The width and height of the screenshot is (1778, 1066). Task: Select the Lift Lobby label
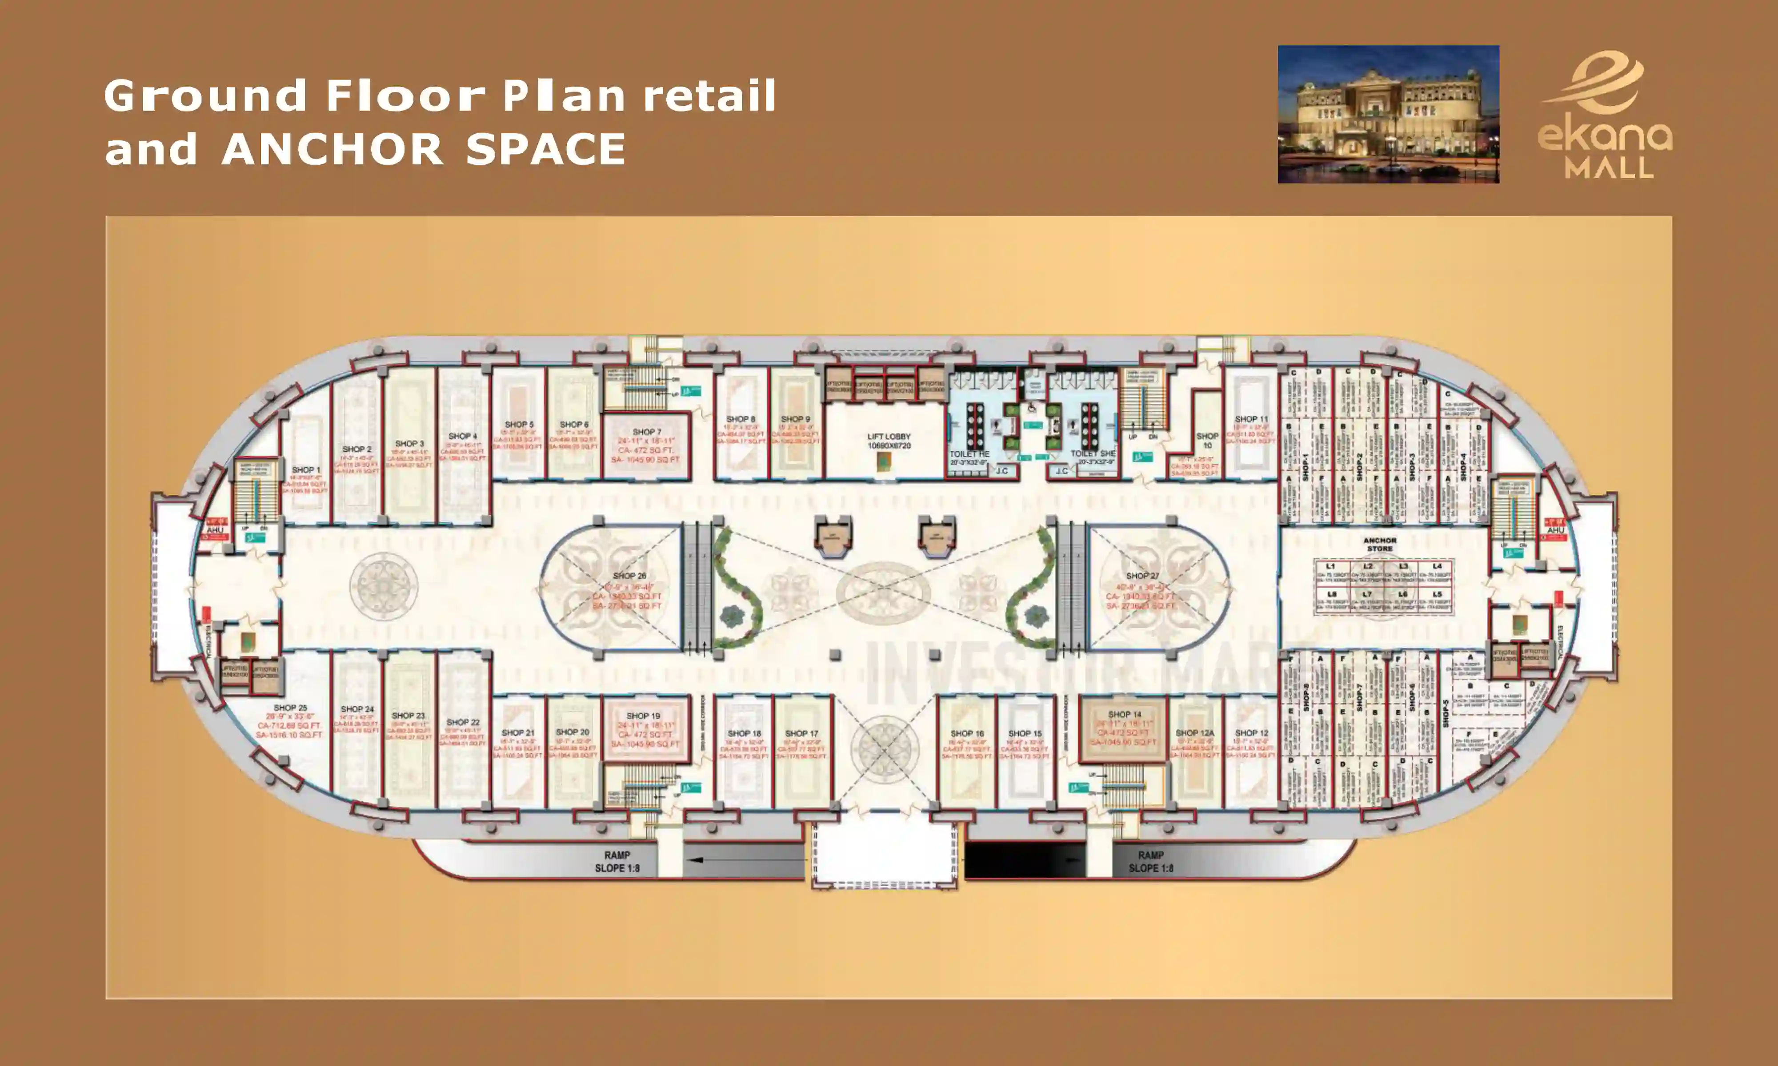click(889, 437)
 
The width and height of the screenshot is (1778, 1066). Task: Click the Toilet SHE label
click(1093, 454)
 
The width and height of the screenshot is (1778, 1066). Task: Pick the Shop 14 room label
click(1125, 715)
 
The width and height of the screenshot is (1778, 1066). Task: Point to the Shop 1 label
click(306, 470)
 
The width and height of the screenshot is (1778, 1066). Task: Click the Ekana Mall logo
click(1604, 115)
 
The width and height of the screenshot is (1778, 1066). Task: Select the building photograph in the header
click(1388, 114)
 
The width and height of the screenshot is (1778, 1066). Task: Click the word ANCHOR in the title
click(332, 149)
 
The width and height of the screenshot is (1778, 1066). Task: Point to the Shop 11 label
click(1251, 419)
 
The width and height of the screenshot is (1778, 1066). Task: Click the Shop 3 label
click(410, 444)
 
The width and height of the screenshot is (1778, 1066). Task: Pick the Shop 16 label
click(967, 733)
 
